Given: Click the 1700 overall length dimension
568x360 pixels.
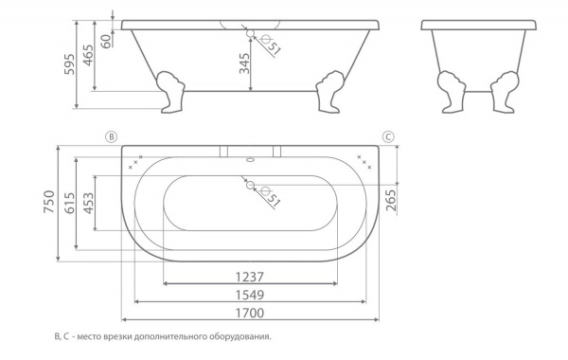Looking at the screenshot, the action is (250, 313).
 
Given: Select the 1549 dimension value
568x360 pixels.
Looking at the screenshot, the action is (250, 296).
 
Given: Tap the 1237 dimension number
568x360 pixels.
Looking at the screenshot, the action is (250, 278).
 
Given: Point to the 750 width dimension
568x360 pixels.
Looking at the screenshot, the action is (49, 202).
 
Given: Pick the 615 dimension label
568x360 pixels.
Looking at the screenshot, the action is (69, 203).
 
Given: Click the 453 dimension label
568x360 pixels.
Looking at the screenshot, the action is (88, 203).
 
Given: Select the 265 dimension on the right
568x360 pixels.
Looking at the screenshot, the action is (392, 200).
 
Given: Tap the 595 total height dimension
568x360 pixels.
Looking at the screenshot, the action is (69, 64).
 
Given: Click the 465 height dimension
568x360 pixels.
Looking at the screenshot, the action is (88, 55).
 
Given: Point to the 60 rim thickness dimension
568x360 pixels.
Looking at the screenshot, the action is (105, 42).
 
